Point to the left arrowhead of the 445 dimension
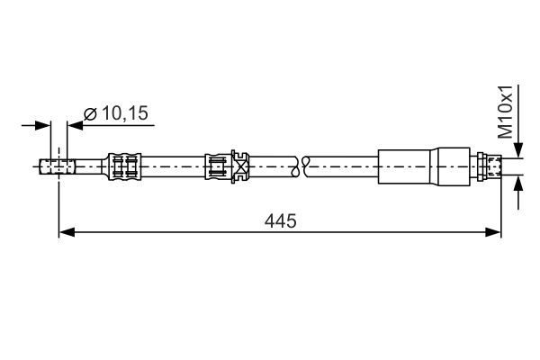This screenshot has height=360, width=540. tap(65, 233)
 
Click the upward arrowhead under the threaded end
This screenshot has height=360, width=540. tap(518, 184)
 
